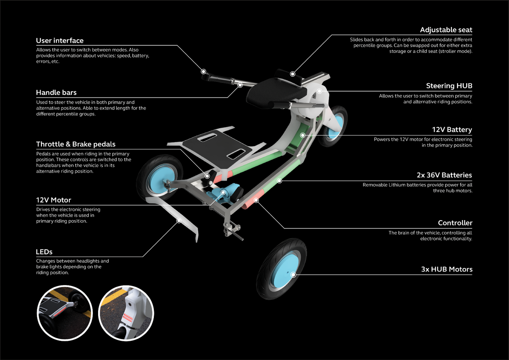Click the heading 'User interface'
pos(60,41)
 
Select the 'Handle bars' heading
pos(56,92)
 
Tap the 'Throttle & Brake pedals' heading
pos(76,144)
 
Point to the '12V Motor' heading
pos(54,200)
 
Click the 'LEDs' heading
pos(44,252)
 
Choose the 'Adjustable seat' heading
pos(446,30)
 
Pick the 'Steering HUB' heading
pos(449,86)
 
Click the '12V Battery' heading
pos(452,129)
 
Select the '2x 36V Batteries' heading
pos(444,175)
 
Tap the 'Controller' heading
pos(455,223)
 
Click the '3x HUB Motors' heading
pos(447,269)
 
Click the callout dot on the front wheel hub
pos(293,275)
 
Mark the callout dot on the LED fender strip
pos(178,221)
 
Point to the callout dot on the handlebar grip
pos(204,71)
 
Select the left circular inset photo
pos(64,312)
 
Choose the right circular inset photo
pos(126,312)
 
